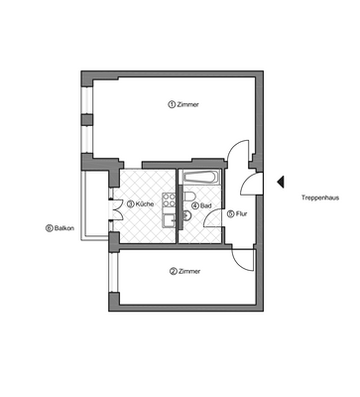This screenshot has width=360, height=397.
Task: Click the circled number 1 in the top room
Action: coord(172,104)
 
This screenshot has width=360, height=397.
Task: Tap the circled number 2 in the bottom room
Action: coord(173,272)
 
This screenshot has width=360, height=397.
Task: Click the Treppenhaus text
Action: coord(320,198)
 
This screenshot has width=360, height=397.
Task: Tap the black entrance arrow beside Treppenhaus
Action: coord(281,182)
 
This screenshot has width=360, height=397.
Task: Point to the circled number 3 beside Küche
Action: coord(130,205)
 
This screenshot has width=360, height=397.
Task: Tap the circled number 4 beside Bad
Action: coord(195,206)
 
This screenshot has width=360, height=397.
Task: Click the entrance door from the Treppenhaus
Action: coord(251,184)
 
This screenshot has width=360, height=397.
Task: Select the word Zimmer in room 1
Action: coord(188,104)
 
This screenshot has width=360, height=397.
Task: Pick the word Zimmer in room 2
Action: coord(189,272)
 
